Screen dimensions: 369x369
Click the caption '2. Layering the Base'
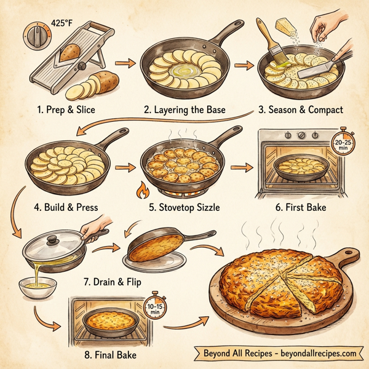coord(184,110)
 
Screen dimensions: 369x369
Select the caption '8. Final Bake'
coord(109,355)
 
